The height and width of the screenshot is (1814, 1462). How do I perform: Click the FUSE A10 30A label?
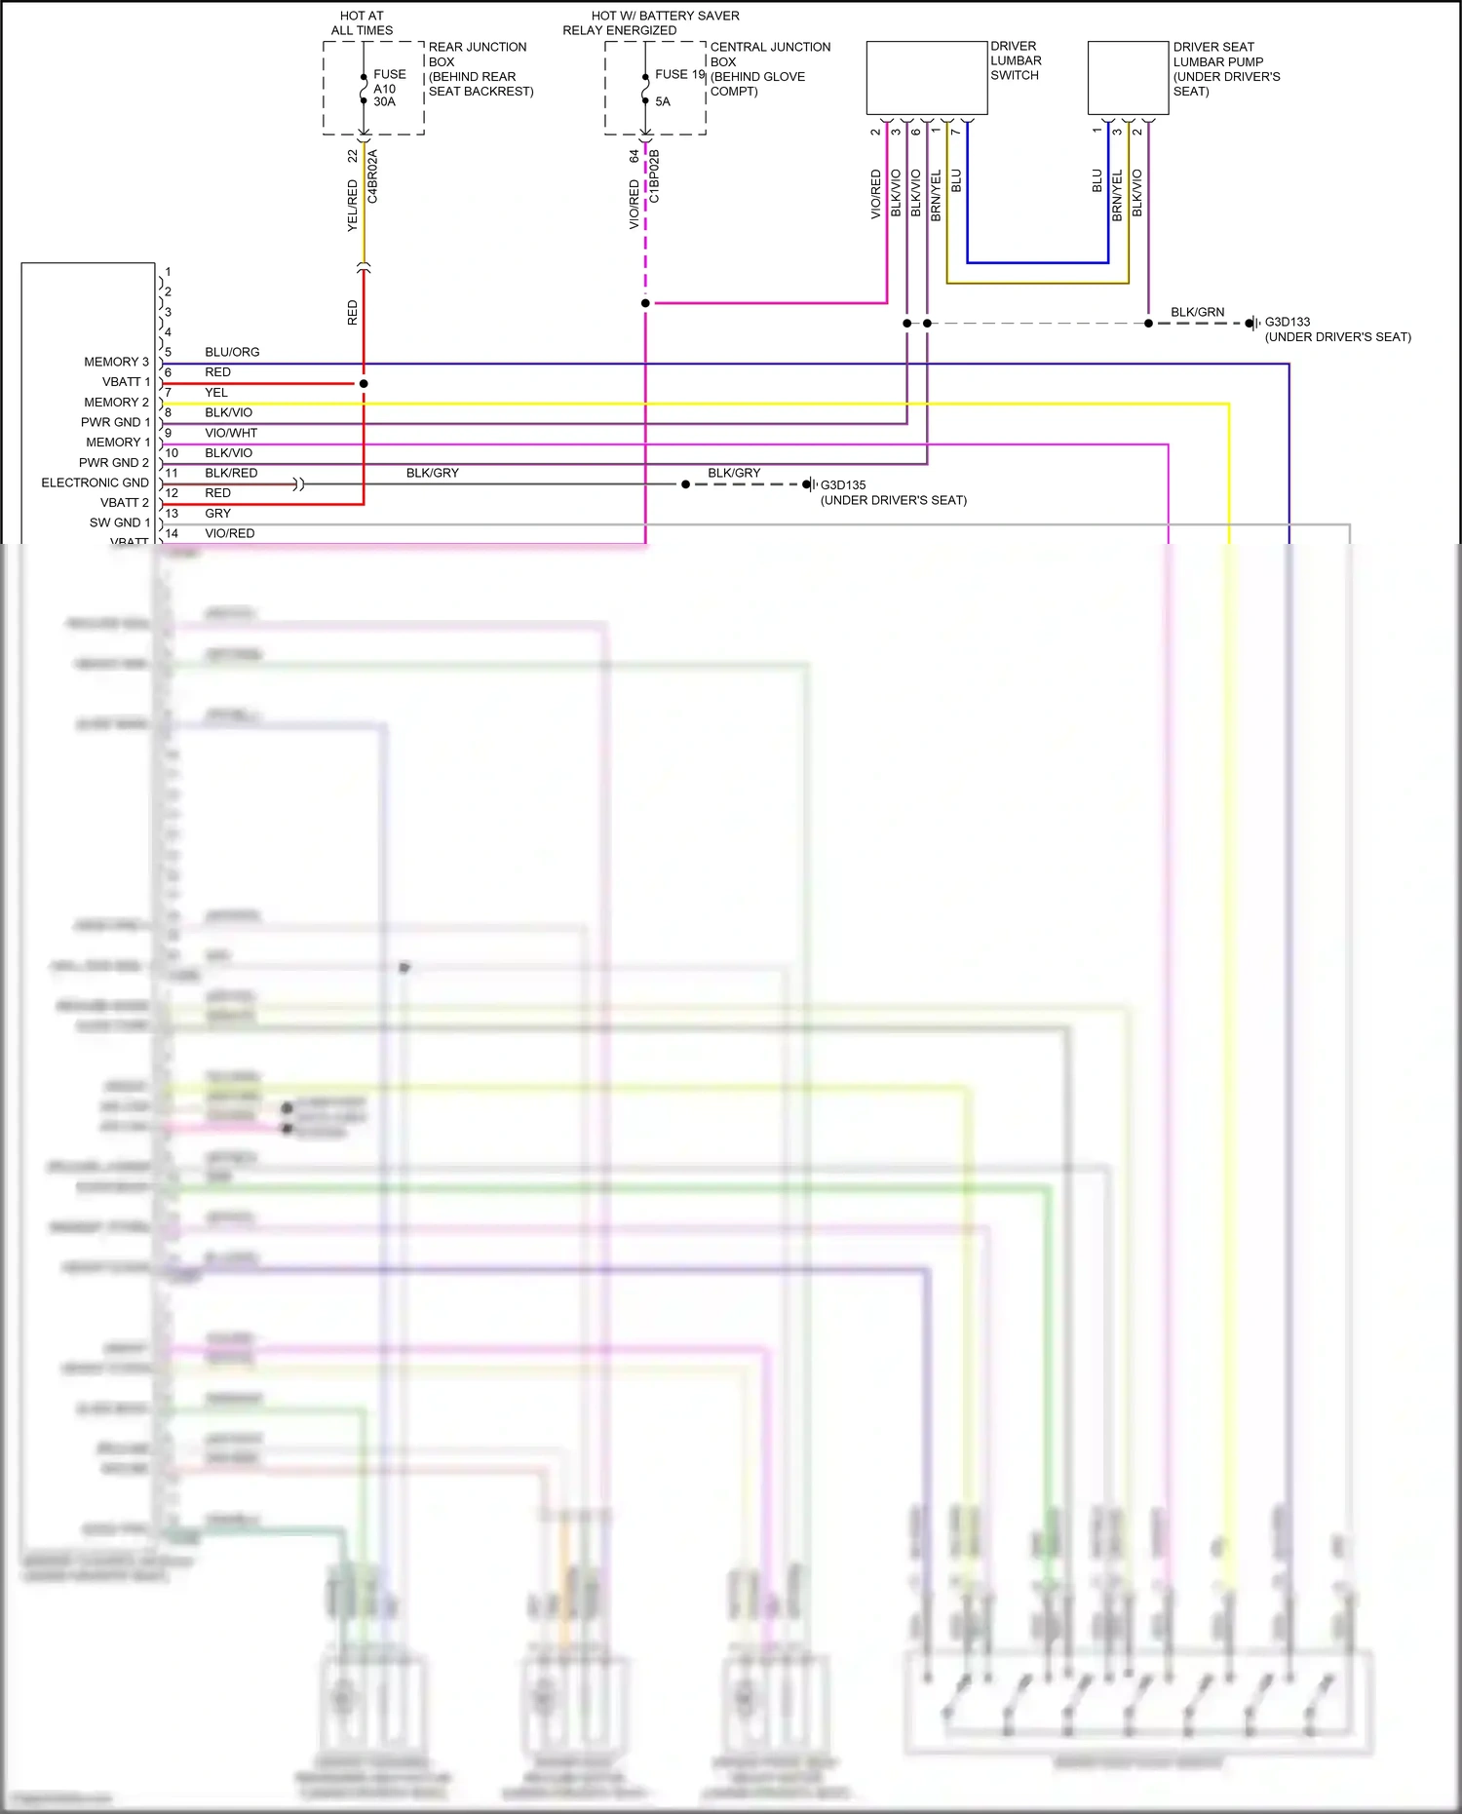point(389,88)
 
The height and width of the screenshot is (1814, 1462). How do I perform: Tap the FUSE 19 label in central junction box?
point(678,74)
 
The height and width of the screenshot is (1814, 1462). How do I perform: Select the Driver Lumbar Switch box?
point(926,78)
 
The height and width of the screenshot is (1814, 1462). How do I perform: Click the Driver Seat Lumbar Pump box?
point(1128,78)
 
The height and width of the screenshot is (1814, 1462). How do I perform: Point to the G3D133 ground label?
point(1287,322)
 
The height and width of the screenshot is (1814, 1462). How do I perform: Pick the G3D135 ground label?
point(842,484)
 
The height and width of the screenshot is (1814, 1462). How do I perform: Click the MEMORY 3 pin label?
point(116,362)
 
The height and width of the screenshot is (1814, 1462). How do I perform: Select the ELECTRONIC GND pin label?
point(95,482)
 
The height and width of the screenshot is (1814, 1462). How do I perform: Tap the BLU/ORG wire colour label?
point(232,352)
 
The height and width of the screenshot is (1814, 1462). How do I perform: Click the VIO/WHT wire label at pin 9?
point(231,433)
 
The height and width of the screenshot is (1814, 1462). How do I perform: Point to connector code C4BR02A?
point(372,176)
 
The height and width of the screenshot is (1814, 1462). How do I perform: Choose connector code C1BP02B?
point(654,176)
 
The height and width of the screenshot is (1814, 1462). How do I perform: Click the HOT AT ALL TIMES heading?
point(362,22)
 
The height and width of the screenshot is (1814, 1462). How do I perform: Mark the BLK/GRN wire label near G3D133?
point(1197,312)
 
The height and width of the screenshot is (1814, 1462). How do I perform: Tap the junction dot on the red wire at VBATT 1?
point(364,384)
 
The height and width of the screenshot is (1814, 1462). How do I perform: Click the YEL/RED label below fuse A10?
point(353,206)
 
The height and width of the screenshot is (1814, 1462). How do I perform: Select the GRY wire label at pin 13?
point(217,514)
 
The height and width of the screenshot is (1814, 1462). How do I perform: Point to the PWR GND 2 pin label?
point(114,463)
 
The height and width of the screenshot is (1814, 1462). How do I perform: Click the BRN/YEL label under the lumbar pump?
point(1117,195)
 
